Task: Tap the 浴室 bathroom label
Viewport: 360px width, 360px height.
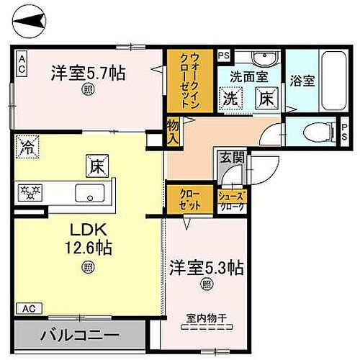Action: (302, 81)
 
